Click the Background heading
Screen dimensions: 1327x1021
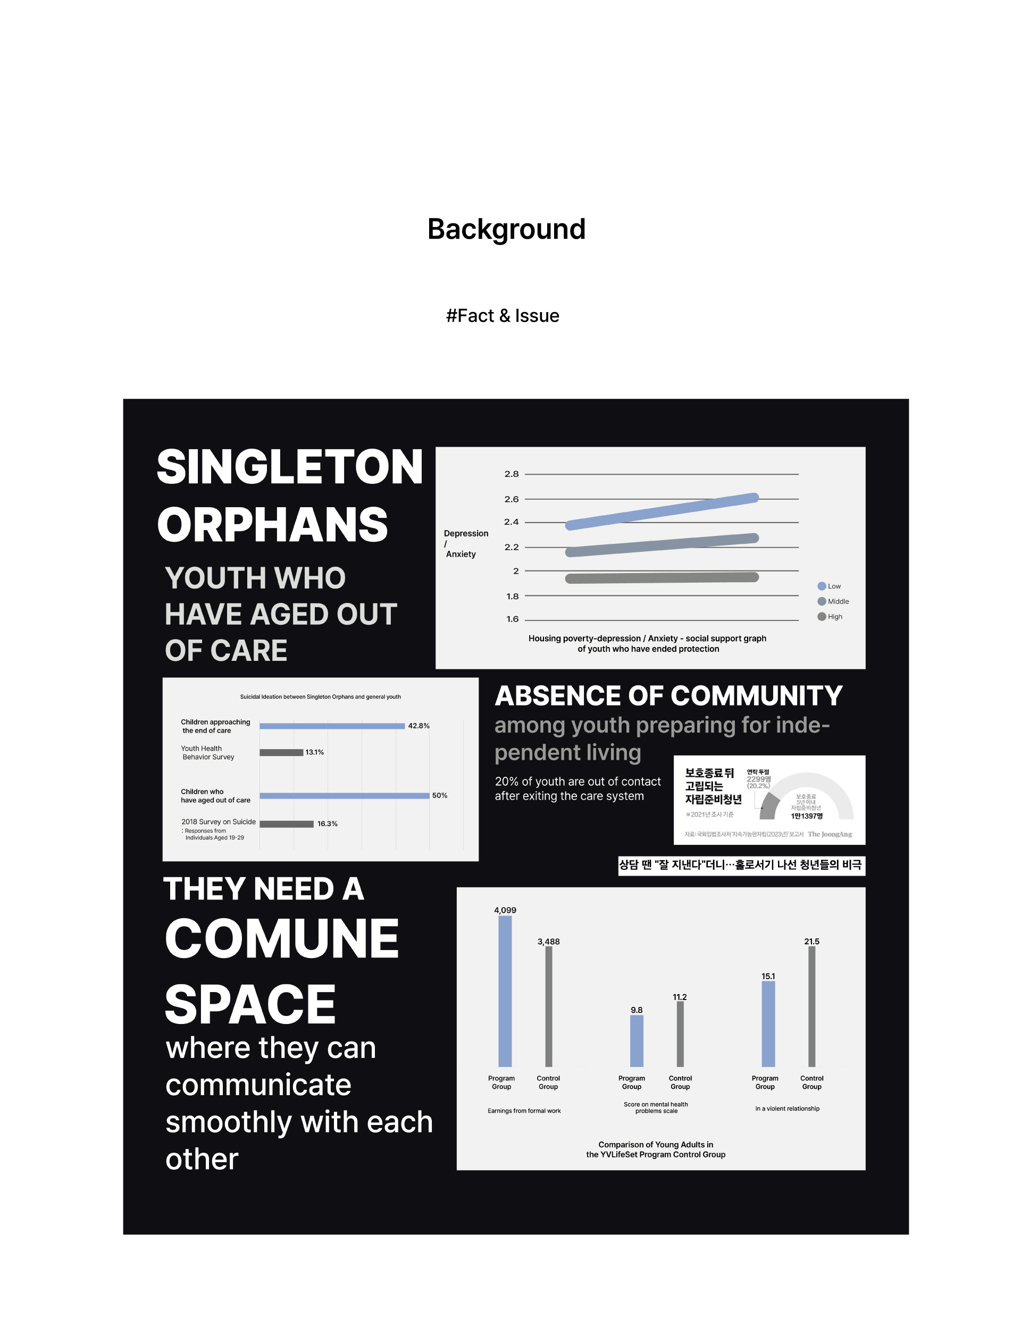506,230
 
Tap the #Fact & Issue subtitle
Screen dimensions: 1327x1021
503,316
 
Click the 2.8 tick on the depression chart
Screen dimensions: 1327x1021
511,474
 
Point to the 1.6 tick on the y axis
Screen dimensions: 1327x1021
512,619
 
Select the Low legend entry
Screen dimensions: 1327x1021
830,586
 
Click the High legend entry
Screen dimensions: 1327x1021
830,617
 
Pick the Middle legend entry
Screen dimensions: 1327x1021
833,601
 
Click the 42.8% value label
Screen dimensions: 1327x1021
419,726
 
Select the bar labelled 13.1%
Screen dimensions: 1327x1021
281,753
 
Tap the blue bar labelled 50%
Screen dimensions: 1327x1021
344,796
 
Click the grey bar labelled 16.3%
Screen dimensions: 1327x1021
286,824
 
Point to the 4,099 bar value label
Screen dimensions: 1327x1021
505,910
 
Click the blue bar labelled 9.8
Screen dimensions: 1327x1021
637,1041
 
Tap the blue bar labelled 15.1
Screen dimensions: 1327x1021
768,1024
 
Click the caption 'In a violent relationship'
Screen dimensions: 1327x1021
787,1109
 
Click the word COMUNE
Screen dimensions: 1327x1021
282,939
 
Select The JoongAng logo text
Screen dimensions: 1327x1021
830,834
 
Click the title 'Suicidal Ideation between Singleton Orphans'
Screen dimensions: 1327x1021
320,697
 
